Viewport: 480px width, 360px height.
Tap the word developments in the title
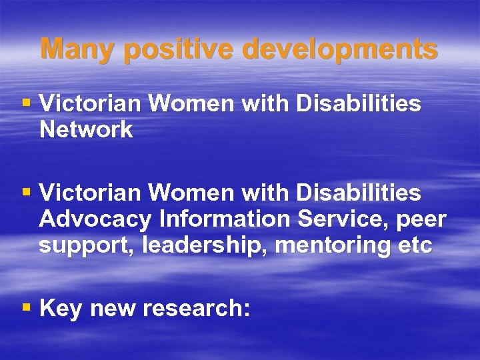[x=339, y=49]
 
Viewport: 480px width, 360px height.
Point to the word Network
[x=86, y=130]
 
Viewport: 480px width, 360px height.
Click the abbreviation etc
[x=415, y=246]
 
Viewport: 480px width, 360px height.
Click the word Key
[x=61, y=309]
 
